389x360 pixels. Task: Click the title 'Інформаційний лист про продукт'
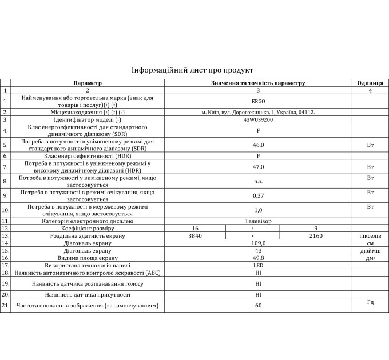click(x=192, y=70)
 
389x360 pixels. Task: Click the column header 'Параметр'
click(x=88, y=83)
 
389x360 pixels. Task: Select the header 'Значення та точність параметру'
click(x=258, y=83)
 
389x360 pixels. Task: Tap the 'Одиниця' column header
click(x=370, y=83)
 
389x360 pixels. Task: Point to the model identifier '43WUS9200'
click(x=258, y=120)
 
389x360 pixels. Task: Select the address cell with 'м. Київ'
click(x=258, y=113)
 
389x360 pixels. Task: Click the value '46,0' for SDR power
click(x=258, y=146)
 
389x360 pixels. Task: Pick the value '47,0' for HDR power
click(x=258, y=167)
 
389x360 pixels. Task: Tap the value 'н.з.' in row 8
click(x=258, y=182)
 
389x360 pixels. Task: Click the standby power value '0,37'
click(x=258, y=196)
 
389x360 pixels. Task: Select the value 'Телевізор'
click(x=258, y=221)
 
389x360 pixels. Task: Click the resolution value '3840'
click(x=195, y=235)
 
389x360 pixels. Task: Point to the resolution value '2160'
click(x=315, y=235)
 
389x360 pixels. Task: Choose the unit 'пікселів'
click(x=370, y=235)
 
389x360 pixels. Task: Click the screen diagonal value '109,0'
click(x=258, y=243)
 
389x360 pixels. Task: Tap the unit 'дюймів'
click(x=370, y=250)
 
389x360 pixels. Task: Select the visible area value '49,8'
click(x=258, y=258)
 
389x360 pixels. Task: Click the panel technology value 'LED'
click(x=258, y=265)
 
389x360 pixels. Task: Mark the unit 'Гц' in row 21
click(x=370, y=302)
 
